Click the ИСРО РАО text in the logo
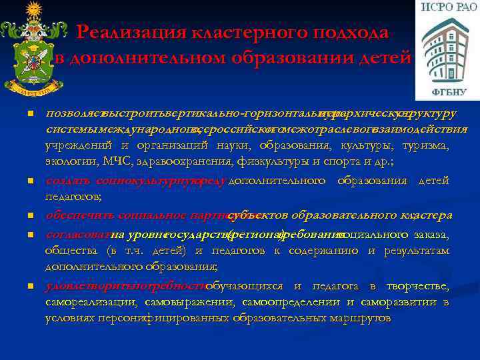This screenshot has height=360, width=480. click(446, 9)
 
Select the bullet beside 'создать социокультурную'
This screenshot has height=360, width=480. click(30, 181)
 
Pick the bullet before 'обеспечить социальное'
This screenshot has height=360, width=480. click(30, 216)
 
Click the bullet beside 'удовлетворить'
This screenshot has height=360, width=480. click(30, 286)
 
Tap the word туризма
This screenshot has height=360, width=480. click(426, 145)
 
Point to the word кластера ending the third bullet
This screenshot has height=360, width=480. click(427, 216)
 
